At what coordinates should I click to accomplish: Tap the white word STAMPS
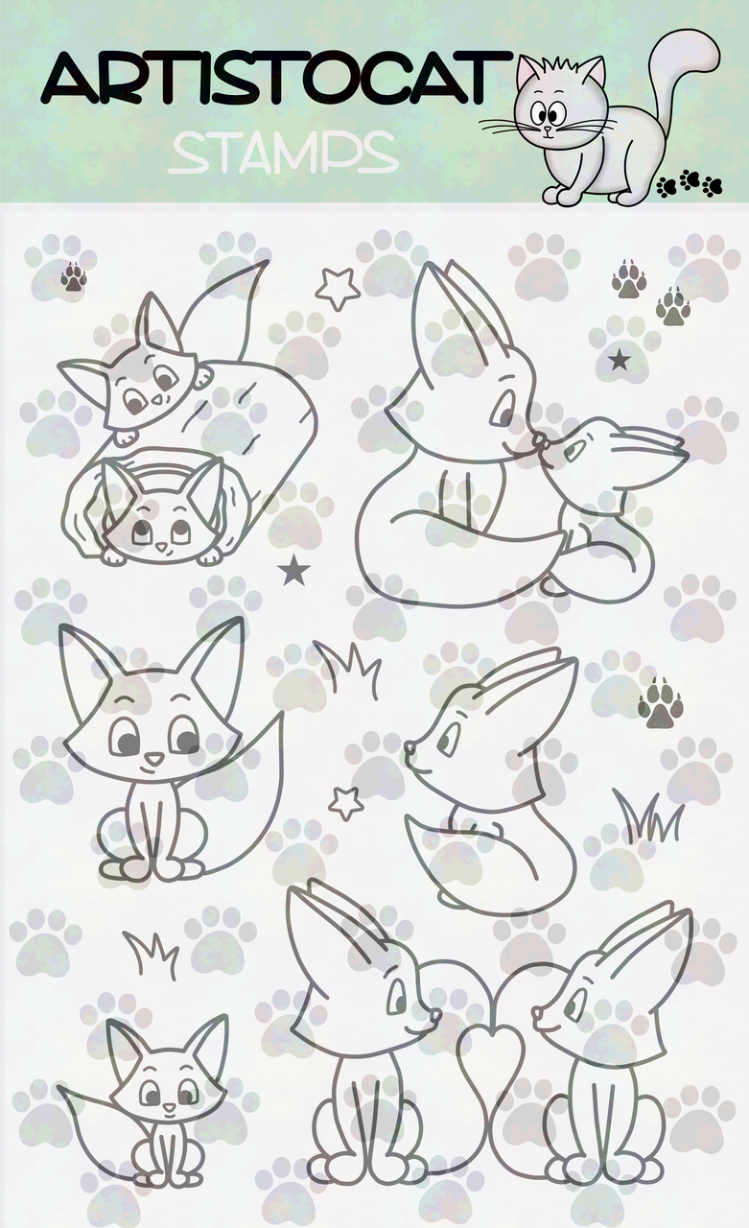pyautogui.click(x=283, y=153)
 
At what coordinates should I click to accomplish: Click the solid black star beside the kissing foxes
pyautogui.click(x=620, y=360)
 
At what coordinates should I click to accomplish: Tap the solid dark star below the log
pyautogui.click(x=294, y=570)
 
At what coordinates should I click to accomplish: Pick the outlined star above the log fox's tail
pyautogui.click(x=339, y=289)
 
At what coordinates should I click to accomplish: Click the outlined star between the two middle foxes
pyautogui.click(x=346, y=803)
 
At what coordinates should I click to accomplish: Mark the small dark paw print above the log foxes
pyautogui.click(x=73, y=277)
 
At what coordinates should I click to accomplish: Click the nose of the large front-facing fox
pyautogui.click(x=154, y=759)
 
